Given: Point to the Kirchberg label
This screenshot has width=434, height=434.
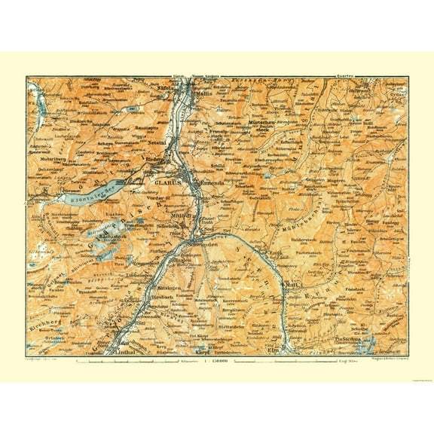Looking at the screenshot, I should [41, 309].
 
